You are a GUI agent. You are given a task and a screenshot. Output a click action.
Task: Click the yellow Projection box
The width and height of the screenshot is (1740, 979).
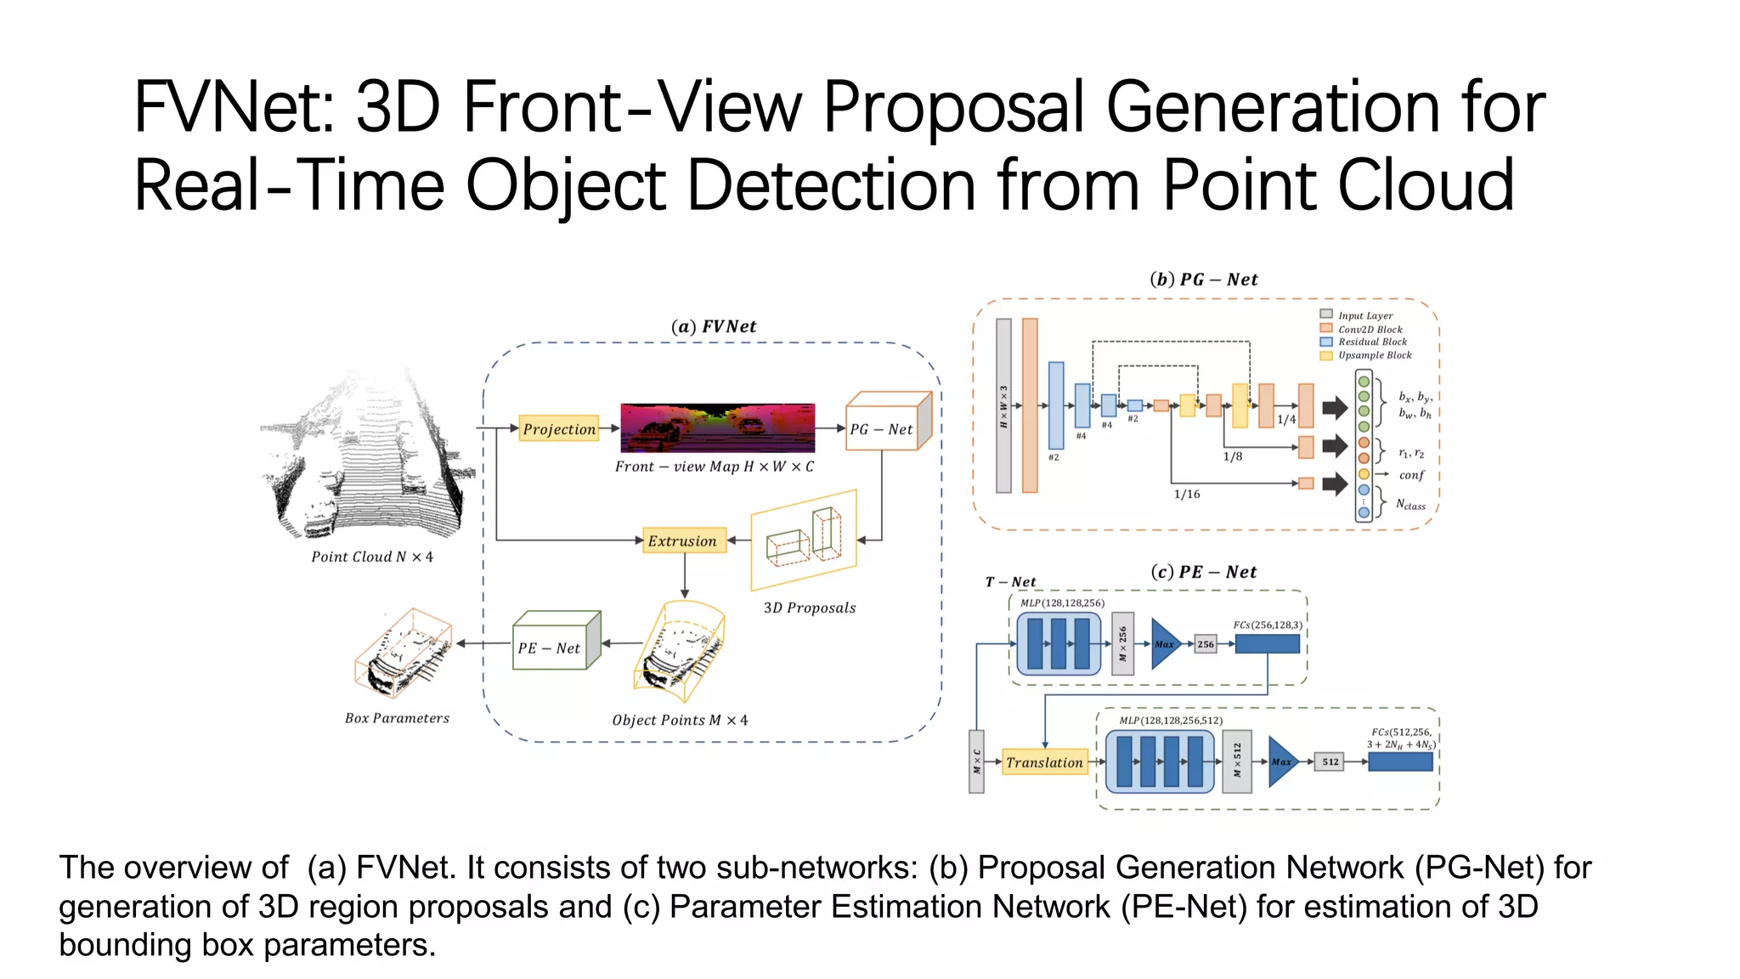coord(558,428)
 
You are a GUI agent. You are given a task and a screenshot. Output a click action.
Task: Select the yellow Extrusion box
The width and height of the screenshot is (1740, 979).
coord(683,540)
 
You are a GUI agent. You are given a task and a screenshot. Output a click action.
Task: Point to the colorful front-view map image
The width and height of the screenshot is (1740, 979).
coord(717,427)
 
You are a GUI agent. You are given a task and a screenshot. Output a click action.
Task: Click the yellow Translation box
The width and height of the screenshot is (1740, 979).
coord(1044,762)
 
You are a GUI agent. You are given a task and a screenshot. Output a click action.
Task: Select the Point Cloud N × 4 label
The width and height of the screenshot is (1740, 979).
coord(372,557)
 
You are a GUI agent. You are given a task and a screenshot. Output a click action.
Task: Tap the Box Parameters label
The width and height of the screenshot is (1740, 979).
coord(397,718)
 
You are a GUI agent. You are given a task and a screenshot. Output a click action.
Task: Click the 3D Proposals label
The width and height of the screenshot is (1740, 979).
coord(809,608)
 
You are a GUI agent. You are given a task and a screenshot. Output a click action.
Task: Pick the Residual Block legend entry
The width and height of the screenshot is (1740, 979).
coord(1371,342)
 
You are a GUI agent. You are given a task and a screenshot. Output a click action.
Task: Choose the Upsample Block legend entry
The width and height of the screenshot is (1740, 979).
coord(1374,355)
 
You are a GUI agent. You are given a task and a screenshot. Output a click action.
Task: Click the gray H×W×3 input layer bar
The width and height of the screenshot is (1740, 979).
coord(1003,405)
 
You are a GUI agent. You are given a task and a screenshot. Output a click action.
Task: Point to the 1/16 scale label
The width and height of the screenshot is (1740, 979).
coord(1187,494)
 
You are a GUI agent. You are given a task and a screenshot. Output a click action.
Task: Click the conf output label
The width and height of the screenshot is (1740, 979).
coord(1411,475)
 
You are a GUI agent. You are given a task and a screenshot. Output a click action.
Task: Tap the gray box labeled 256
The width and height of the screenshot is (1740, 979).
coord(1206,644)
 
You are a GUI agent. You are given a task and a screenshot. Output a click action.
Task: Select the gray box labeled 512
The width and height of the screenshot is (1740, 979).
coord(1330,761)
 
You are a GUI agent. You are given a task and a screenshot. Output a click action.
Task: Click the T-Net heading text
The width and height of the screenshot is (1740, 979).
coord(1010,582)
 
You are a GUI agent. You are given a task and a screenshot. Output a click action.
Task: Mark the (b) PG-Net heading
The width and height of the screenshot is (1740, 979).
coord(1203,280)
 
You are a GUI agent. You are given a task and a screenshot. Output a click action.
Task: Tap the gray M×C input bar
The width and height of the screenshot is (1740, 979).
coord(976,761)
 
